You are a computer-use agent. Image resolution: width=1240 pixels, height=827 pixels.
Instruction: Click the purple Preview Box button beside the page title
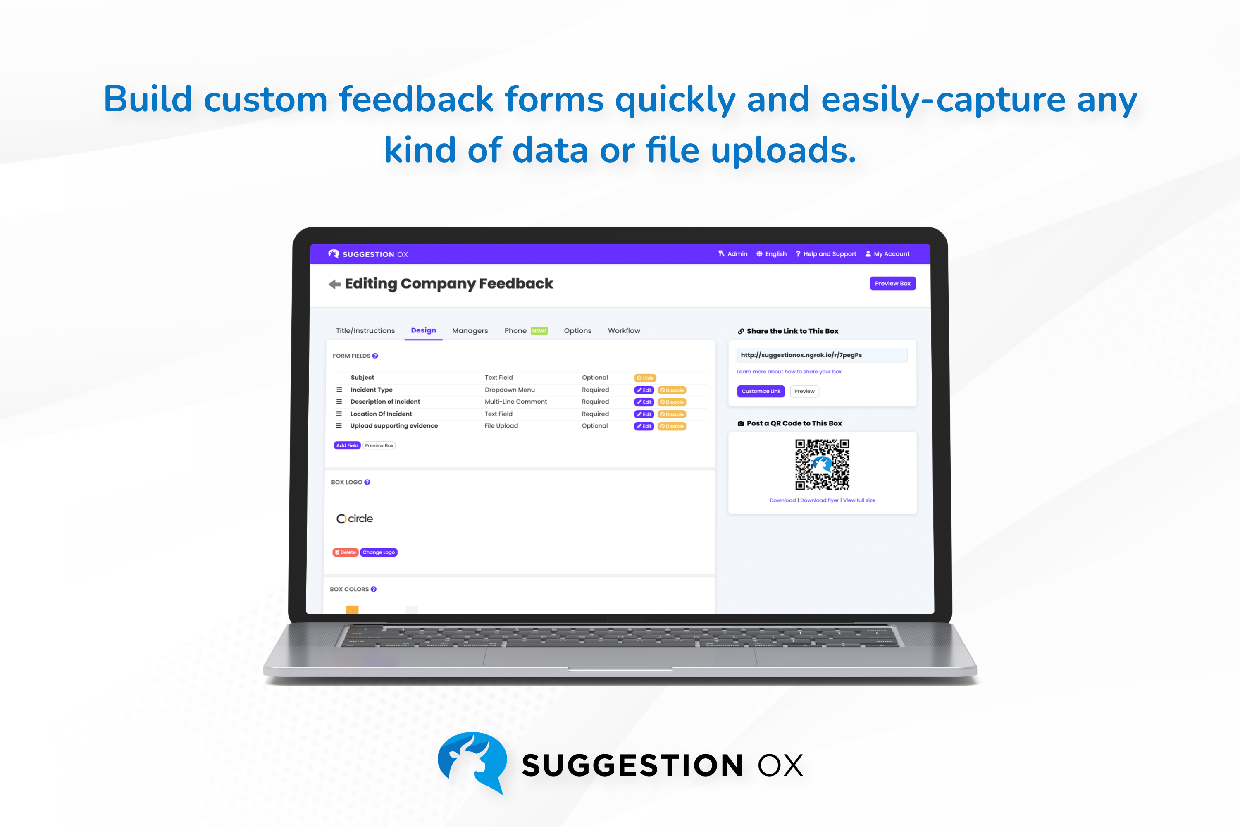(892, 284)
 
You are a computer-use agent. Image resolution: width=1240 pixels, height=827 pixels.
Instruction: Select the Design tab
(423, 331)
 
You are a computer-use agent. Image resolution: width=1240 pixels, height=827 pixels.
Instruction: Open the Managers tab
(470, 331)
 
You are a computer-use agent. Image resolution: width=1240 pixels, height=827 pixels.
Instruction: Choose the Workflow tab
(624, 331)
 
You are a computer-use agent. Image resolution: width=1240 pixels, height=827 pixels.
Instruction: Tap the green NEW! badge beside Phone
(539, 331)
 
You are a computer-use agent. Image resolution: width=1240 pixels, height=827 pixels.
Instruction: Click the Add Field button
(347, 446)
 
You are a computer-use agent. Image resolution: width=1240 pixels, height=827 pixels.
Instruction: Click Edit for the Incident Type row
(644, 390)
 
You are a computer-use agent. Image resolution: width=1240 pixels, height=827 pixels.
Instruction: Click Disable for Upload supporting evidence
(672, 426)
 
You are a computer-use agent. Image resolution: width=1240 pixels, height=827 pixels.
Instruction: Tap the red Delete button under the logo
(345, 552)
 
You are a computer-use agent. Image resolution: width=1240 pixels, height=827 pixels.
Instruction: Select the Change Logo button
(379, 552)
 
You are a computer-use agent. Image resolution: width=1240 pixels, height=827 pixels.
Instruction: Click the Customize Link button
(760, 391)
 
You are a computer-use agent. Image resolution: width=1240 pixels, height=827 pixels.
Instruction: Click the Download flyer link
(819, 500)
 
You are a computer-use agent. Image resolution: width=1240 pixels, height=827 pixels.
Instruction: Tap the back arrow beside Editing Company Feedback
(334, 284)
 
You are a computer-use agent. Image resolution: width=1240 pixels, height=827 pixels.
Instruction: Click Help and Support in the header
(826, 254)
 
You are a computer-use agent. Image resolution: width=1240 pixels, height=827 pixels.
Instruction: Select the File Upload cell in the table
(501, 426)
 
